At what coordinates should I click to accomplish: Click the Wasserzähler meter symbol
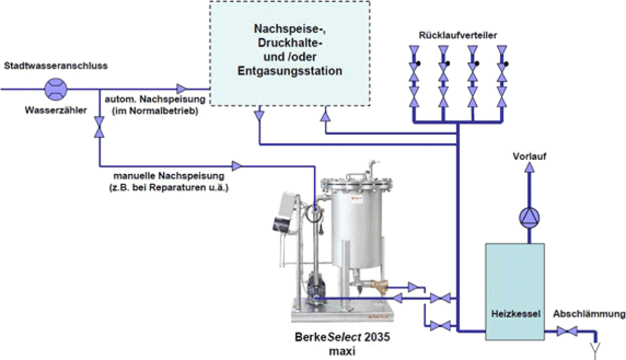point(56,89)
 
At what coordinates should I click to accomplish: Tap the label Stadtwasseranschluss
point(56,65)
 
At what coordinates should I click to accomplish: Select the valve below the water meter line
point(99,127)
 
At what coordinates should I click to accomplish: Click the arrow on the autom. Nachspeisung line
point(182,89)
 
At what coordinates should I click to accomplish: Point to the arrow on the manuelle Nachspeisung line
point(237,165)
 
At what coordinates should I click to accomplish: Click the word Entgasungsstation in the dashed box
point(290,71)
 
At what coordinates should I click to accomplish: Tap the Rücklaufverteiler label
point(458,35)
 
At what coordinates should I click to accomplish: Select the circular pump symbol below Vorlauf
point(529,218)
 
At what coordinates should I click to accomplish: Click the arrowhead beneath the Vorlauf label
point(529,167)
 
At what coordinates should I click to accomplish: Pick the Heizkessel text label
point(516,314)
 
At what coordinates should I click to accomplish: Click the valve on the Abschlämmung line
point(567,331)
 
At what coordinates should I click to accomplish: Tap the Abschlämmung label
point(589,314)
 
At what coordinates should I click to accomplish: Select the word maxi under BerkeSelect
point(342,351)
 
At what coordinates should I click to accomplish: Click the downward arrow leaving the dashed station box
point(259,116)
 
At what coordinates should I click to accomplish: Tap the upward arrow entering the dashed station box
point(326,116)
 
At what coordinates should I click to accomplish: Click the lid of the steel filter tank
point(357,182)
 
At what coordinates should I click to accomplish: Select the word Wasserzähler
point(56,110)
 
